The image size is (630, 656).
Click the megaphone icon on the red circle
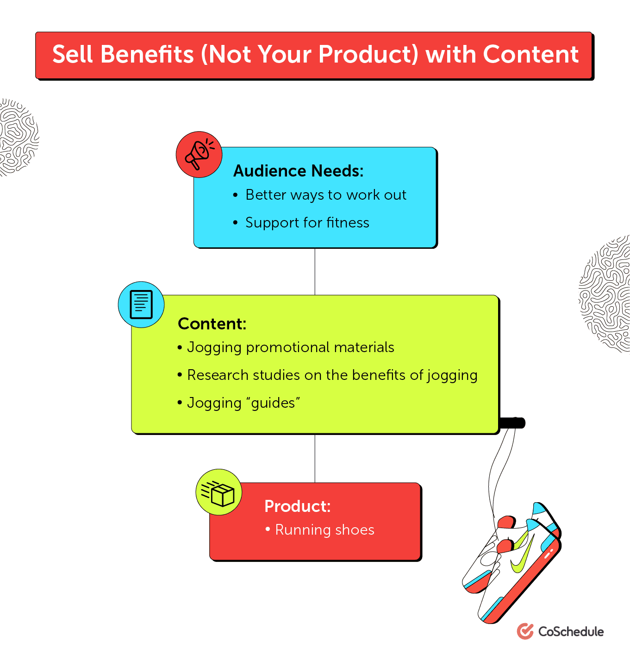click(x=199, y=154)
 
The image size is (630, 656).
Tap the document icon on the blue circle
click(x=141, y=304)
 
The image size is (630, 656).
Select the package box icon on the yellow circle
click(x=219, y=492)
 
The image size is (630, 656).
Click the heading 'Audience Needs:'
click(x=298, y=171)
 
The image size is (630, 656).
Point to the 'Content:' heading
click(x=212, y=324)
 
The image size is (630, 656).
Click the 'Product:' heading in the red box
click(x=297, y=506)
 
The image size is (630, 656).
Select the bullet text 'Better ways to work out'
click(x=326, y=195)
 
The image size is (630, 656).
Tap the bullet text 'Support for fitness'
click(x=307, y=223)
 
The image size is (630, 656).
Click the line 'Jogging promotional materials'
click(x=291, y=347)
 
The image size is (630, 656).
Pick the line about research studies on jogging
click(x=332, y=375)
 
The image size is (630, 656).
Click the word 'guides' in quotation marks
click(x=273, y=403)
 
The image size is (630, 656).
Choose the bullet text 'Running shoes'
click(x=324, y=530)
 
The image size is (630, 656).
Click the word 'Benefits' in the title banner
click(x=147, y=55)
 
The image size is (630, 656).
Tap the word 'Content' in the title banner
click(x=530, y=55)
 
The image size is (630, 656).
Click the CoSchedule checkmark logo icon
click(x=525, y=631)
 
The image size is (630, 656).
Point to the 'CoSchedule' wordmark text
click(x=571, y=632)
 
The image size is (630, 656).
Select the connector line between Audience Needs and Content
click(x=315, y=271)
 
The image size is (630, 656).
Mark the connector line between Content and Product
click(x=315, y=458)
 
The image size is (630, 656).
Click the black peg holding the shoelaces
click(x=513, y=423)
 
